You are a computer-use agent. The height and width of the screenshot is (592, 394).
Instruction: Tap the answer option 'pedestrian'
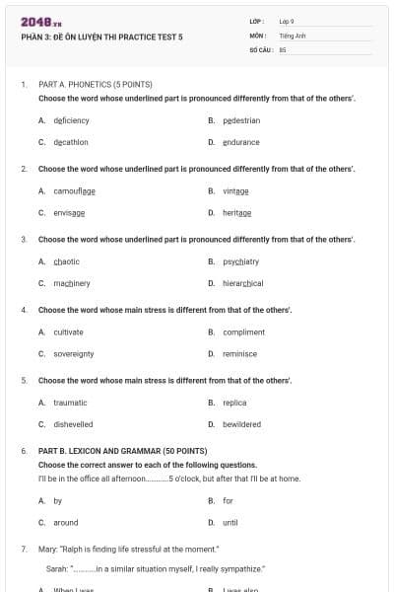pyautogui.click(x=241, y=120)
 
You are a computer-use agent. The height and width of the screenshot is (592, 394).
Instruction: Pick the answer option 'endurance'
pyautogui.click(x=241, y=142)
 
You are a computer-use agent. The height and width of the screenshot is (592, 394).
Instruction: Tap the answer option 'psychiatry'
pyautogui.click(x=240, y=261)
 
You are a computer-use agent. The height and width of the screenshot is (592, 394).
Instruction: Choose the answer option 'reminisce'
pyautogui.click(x=239, y=353)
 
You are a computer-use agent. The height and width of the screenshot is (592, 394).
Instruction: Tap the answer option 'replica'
pyautogui.click(x=234, y=403)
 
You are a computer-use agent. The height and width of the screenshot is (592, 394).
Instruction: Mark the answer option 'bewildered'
pyautogui.click(x=241, y=424)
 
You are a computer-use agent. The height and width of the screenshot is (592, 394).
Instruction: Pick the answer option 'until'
pyautogui.click(x=230, y=522)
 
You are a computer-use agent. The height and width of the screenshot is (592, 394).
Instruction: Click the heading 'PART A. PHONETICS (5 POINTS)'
pyautogui.click(x=95, y=85)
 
